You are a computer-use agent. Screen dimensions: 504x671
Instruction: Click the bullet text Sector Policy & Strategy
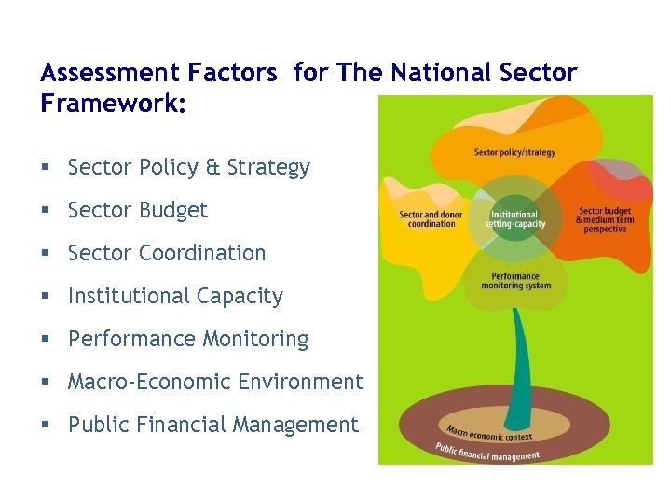188,168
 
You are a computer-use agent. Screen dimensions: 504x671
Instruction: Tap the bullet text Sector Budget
137,211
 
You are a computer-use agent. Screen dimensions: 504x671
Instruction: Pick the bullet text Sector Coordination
167,253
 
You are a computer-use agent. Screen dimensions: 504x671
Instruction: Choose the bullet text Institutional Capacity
175,296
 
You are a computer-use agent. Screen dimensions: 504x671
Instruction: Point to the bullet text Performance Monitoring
187,339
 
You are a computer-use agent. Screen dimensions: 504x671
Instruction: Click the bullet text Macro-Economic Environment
215,382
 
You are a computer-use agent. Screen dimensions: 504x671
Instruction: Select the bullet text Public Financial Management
212,425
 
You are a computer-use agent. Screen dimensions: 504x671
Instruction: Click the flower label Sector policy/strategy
514,152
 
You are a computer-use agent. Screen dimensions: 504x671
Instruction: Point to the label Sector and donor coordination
431,219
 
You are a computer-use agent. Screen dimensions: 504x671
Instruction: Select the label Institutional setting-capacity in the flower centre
514,219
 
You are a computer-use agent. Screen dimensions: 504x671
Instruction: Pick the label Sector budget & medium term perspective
606,219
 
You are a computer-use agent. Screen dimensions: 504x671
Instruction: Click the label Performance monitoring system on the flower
515,281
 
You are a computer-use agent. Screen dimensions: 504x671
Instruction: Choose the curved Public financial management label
487,452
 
